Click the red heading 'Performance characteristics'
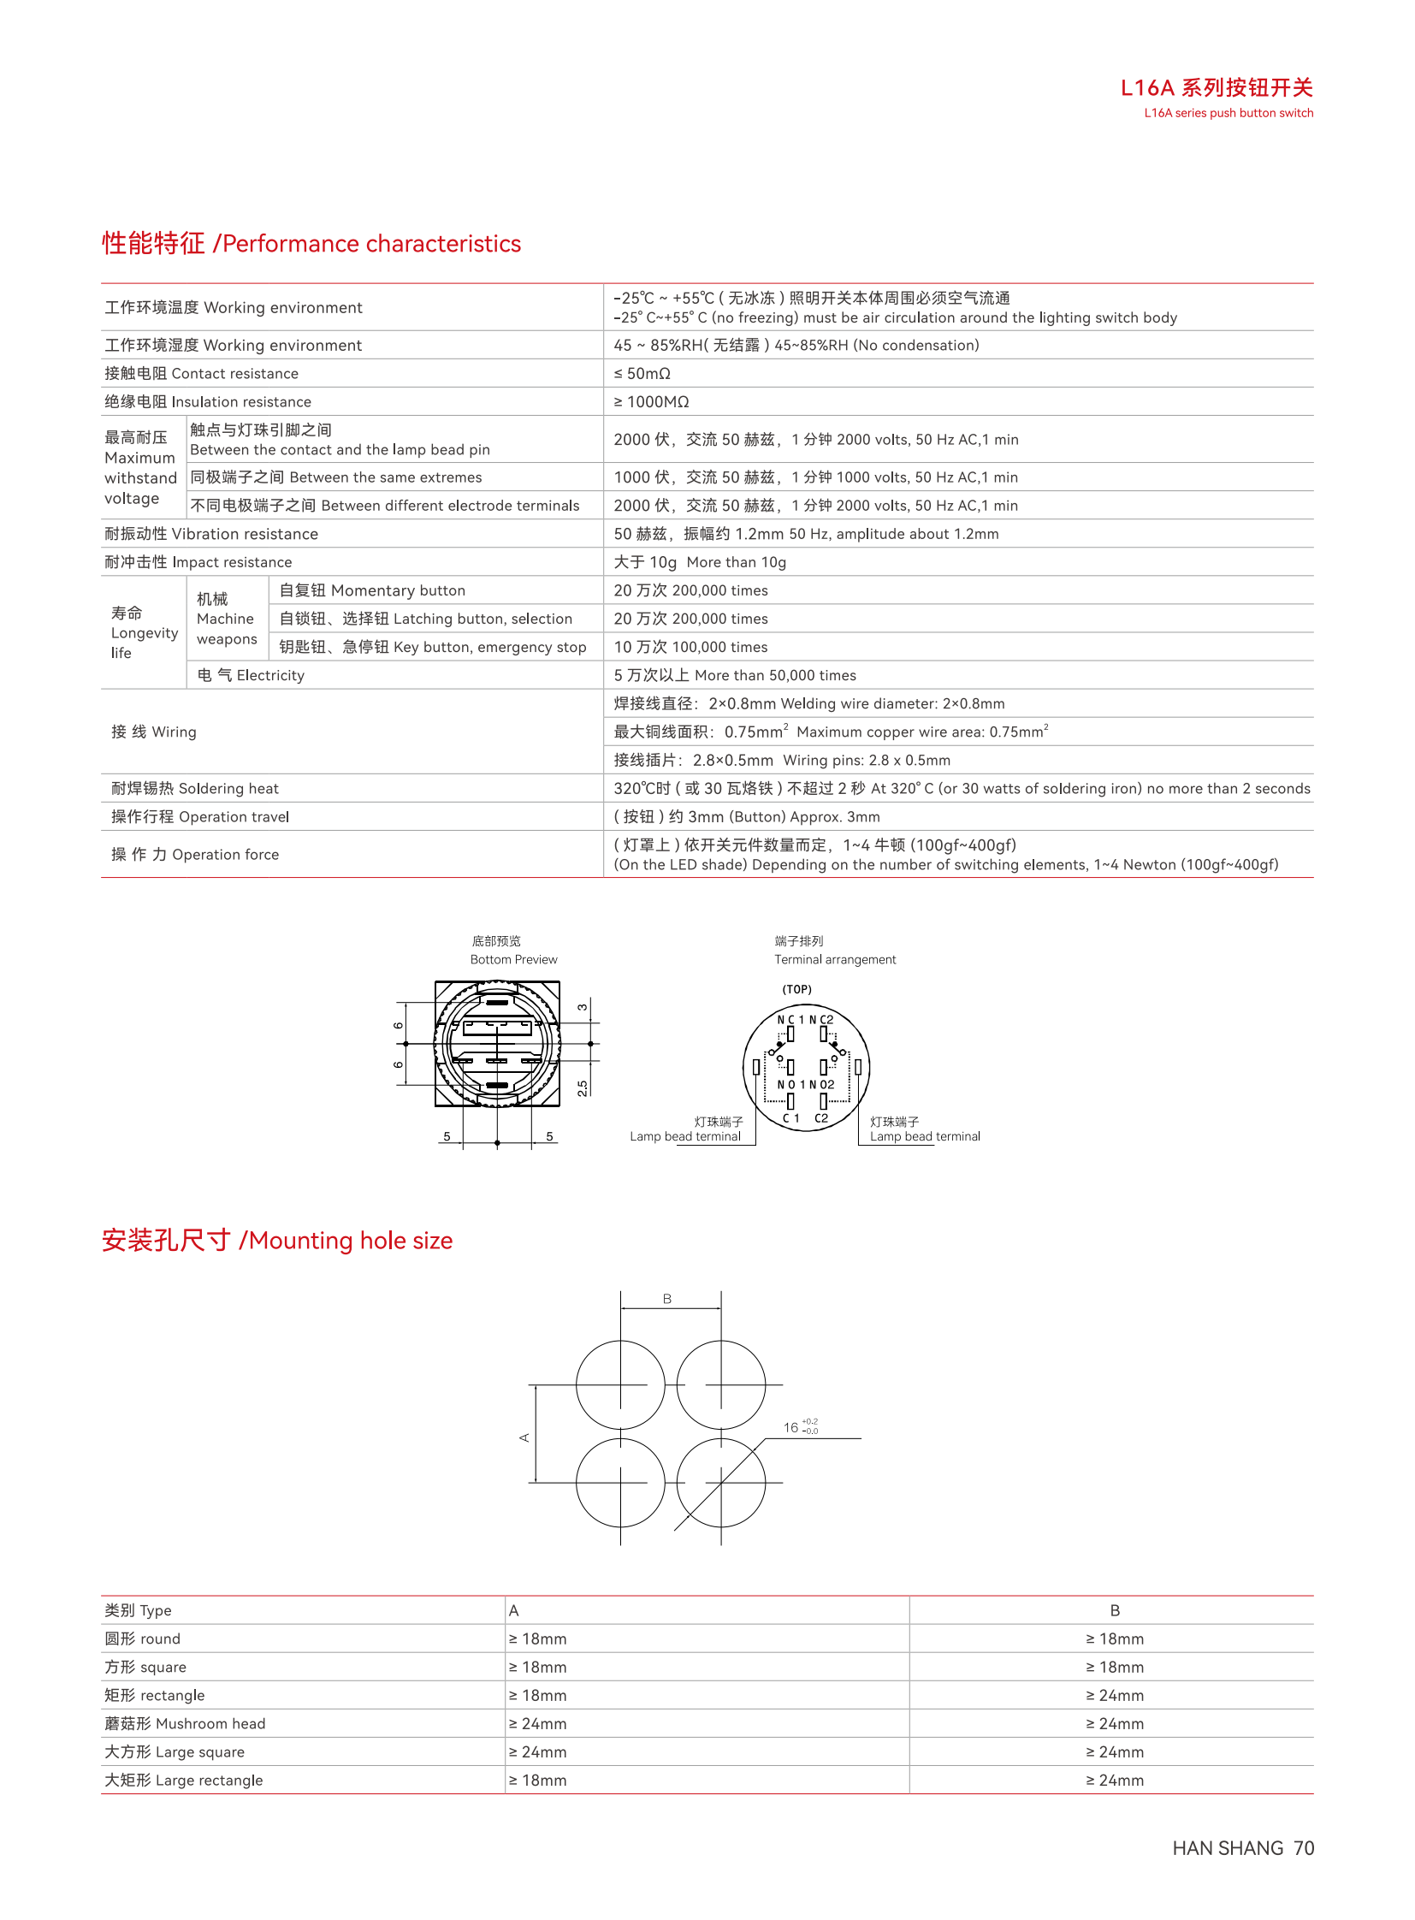(x=371, y=244)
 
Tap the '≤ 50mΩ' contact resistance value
(x=642, y=374)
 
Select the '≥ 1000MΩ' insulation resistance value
(x=651, y=402)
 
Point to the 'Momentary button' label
(x=398, y=590)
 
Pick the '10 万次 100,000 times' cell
(x=690, y=647)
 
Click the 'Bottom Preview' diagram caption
(x=513, y=959)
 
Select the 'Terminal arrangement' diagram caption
(x=835, y=959)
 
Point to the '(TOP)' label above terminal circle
(x=796, y=990)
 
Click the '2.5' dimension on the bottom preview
(x=583, y=1088)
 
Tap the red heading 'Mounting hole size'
(x=350, y=1241)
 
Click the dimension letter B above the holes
(x=667, y=1300)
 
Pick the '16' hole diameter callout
(x=791, y=1427)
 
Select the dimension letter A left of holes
(x=524, y=1437)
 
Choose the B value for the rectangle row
(x=1115, y=1696)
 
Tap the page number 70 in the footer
(x=1304, y=1848)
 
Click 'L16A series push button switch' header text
(x=1229, y=113)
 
